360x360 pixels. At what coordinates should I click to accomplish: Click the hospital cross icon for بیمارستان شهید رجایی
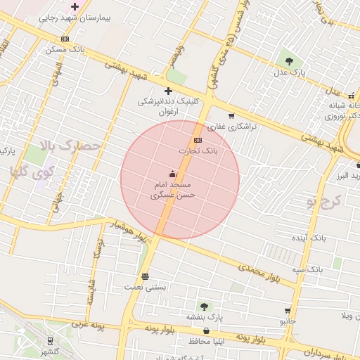(75, 6)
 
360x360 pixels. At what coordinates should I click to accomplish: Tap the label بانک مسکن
(65, 50)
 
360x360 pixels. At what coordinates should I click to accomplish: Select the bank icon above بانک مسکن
(65, 39)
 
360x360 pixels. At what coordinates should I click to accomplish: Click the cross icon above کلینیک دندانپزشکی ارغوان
(168, 91)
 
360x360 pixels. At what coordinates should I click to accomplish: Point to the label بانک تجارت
(198, 150)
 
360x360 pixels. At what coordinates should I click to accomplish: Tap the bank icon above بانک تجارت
(198, 140)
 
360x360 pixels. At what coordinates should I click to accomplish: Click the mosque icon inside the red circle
(173, 173)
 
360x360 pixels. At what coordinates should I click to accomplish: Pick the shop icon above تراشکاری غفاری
(231, 116)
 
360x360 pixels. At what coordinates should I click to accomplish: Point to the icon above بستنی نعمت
(145, 276)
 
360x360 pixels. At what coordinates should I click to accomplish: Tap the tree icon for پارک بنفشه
(204, 306)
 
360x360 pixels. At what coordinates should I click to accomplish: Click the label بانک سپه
(308, 269)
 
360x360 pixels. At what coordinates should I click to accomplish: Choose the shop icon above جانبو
(288, 310)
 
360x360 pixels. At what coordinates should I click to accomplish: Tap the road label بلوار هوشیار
(128, 230)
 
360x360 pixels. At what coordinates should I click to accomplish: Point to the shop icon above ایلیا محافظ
(205, 330)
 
